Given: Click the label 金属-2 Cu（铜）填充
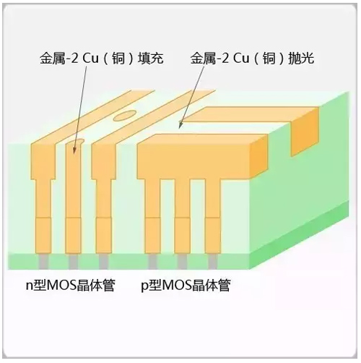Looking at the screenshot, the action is click(x=102, y=59).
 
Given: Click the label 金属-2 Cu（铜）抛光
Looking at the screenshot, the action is click(x=252, y=59).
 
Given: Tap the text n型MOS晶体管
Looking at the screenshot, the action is click(x=71, y=286).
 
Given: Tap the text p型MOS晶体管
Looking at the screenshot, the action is click(x=186, y=286).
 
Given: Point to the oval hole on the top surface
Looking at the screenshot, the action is click(x=123, y=116).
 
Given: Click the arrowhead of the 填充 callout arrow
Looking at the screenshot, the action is click(x=74, y=150).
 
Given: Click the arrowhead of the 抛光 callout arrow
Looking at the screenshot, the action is click(x=180, y=125).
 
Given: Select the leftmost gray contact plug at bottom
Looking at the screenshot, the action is click(x=43, y=261).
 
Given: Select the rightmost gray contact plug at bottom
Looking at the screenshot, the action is click(x=213, y=261).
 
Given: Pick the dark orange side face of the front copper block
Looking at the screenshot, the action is click(x=258, y=157).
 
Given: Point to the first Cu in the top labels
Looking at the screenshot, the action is click(x=90, y=59).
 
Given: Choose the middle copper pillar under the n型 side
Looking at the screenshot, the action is click(x=74, y=197).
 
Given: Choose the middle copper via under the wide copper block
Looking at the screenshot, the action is click(x=182, y=215).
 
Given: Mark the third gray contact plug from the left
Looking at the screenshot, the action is click(x=104, y=261).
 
